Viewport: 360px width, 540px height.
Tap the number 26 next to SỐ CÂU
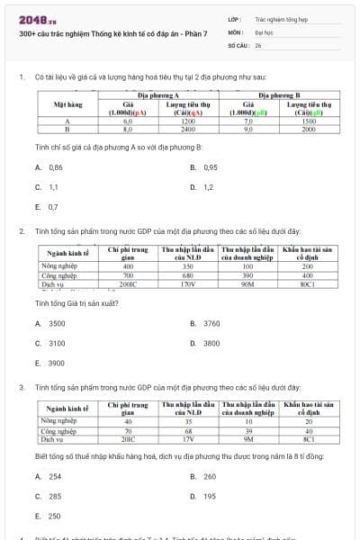(x=258, y=43)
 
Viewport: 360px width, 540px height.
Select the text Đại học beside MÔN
(x=262, y=31)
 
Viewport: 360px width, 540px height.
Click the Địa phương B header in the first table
(x=284, y=94)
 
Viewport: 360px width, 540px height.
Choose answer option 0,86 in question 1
(x=55, y=167)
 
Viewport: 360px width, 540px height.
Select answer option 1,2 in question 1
(x=208, y=187)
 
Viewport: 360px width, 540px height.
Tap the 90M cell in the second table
(x=247, y=283)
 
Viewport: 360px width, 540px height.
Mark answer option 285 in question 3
(x=55, y=496)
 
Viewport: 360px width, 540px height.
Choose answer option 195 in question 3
(x=209, y=496)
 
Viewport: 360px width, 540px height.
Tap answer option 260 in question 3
(x=209, y=476)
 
